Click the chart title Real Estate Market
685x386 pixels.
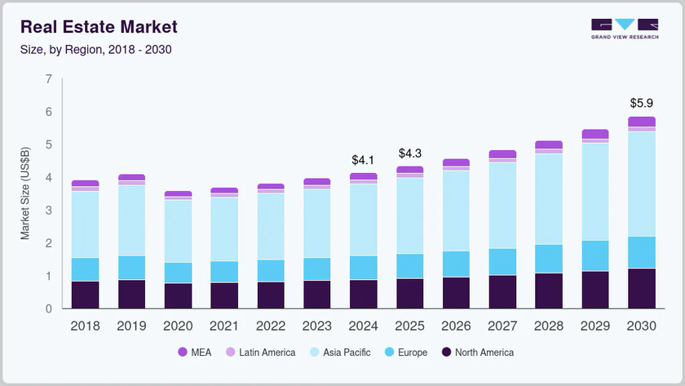tap(99, 27)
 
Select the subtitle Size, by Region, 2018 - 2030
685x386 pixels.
tap(95, 49)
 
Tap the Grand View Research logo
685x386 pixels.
tap(625, 29)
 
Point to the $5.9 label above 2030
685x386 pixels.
tap(642, 104)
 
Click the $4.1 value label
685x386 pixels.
tap(363, 160)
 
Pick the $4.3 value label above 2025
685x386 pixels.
tap(410, 153)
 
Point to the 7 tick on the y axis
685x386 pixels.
tap(49, 79)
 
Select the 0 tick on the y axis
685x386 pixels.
tap(49, 309)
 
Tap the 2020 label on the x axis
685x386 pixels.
tap(179, 326)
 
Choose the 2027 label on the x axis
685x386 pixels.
tap(503, 326)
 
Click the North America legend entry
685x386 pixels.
tap(477, 353)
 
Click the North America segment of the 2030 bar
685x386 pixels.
tap(642, 288)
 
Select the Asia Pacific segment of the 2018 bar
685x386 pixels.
tap(85, 224)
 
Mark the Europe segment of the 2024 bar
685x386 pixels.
tap(363, 268)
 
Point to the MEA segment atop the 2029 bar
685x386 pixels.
tap(595, 134)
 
